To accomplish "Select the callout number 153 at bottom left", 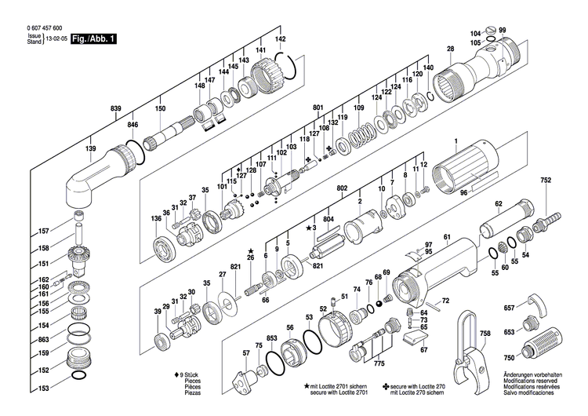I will click(x=44, y=389).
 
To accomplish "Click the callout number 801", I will click(x=318, y=108).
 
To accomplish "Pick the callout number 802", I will click(x=342, y=190).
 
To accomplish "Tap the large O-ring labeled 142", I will click(x=287, y=68).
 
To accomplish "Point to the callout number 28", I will click(x=450, y=49).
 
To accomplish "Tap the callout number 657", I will click(x=509, y=308).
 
